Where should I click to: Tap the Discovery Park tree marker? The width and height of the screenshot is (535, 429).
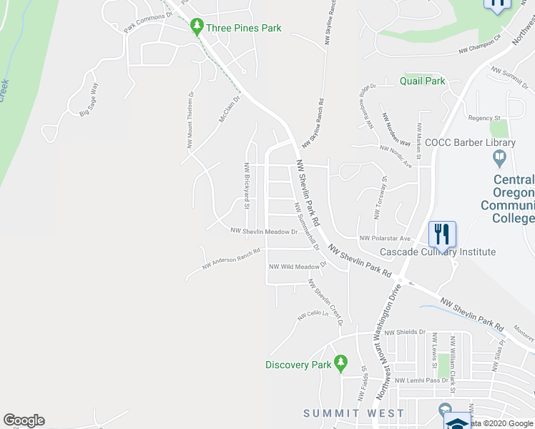click(341, 365)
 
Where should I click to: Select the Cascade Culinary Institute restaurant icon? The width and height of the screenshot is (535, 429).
click(442, 234)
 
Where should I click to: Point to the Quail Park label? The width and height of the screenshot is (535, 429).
click(423, 81)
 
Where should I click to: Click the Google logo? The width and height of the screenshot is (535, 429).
click(24, 420)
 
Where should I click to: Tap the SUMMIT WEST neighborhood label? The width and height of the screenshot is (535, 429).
click(353, 413)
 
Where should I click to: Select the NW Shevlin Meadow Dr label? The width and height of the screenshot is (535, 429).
click(264, 232)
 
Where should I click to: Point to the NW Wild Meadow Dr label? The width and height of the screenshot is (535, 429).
click(297, 267)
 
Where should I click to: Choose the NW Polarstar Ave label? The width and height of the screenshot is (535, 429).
click(385, 238)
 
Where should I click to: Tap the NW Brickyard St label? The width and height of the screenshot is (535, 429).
click(246, 186)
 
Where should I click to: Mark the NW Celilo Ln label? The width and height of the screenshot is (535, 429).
click(313, 315)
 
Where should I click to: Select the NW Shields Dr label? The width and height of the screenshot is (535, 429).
click(405, 332)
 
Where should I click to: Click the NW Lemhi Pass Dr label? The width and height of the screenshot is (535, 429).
click(421, 380)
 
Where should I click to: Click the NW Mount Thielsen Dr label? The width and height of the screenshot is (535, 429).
click(191, 120)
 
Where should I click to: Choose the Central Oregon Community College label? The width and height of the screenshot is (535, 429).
click(513, 193)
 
